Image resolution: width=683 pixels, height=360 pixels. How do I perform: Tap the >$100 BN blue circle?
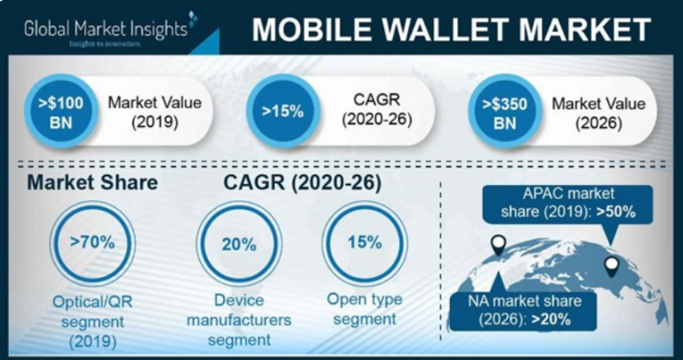coord(62,112)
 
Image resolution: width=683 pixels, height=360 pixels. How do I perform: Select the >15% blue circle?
coord(280,112)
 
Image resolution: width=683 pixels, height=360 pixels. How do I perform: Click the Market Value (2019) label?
coord(154,112)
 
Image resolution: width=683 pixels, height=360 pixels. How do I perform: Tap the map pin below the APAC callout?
coord(611,265)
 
